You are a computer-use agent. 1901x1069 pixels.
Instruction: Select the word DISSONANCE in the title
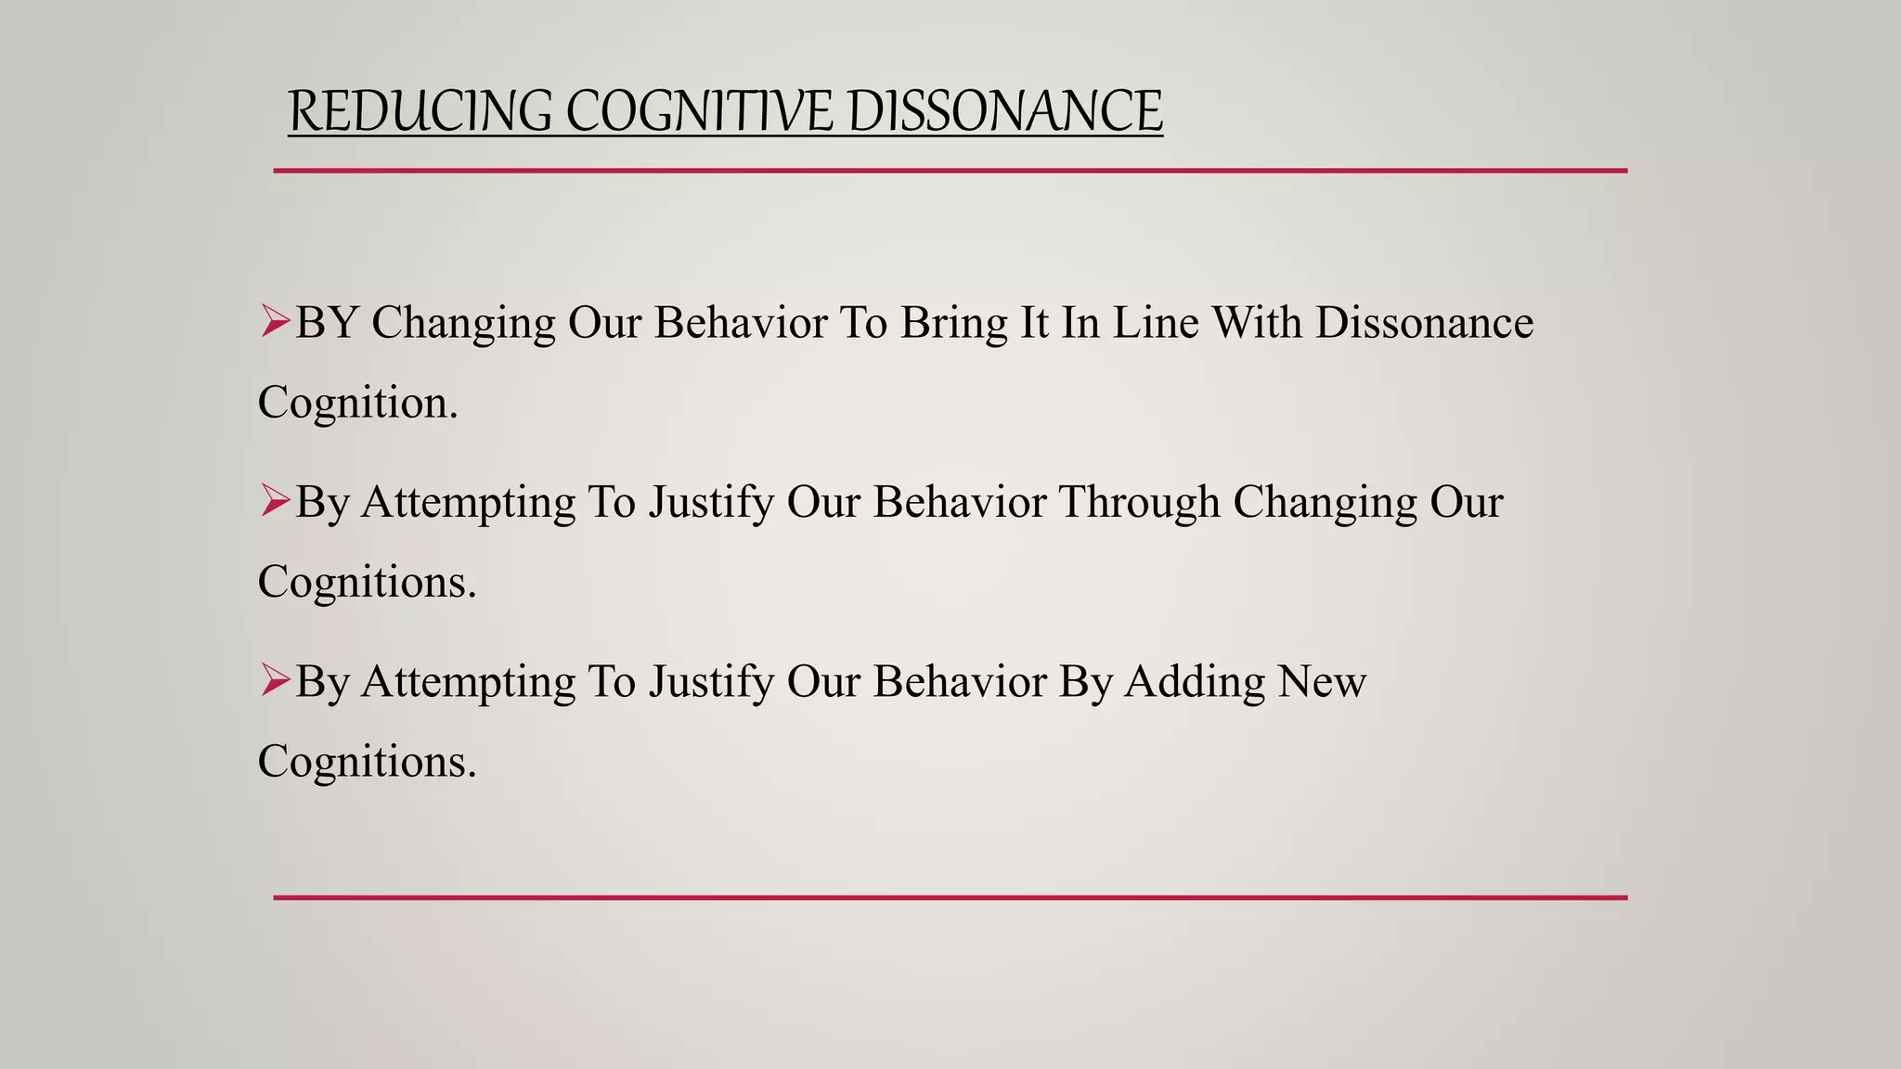coord(1003,111)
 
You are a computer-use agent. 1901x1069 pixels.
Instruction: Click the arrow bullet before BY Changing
coord(275,322)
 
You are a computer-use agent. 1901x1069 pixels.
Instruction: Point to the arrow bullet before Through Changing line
coord(275,501)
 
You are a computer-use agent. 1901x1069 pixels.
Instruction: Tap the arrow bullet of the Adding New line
coord(275,680)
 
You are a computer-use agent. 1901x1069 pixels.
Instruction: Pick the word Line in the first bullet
coord(1156,323)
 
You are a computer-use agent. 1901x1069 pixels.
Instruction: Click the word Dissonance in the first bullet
coord(1424,323)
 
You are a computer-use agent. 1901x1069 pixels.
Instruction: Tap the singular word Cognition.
coord(357,403)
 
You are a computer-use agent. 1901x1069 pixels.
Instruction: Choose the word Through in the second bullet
coord(1139,502)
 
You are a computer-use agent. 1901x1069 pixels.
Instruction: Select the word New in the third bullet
coord(1322,681)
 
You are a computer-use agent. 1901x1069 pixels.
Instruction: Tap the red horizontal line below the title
coord(950,171)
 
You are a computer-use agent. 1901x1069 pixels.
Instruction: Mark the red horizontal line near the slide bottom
coord(950,897)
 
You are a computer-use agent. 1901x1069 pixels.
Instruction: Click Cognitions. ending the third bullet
coord(367,761)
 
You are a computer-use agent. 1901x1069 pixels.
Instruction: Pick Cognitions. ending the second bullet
coord(367,582)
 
